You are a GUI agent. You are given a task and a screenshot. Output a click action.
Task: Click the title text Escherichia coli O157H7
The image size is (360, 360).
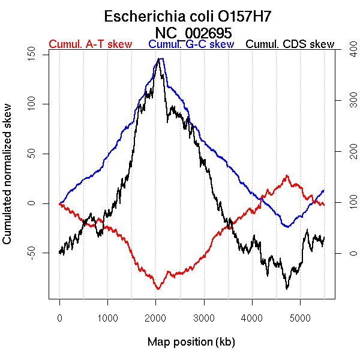(192, 16)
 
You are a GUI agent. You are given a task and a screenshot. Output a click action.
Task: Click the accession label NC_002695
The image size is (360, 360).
(192, 32)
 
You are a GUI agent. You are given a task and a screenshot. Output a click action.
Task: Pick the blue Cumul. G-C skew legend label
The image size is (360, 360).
(191, 44)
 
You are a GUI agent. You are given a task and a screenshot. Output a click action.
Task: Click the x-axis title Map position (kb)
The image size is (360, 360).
(191, 342)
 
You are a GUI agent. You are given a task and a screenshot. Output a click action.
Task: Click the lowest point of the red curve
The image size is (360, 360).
(158, 289)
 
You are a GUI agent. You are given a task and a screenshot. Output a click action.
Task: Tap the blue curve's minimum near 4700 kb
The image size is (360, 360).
(287, 227)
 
